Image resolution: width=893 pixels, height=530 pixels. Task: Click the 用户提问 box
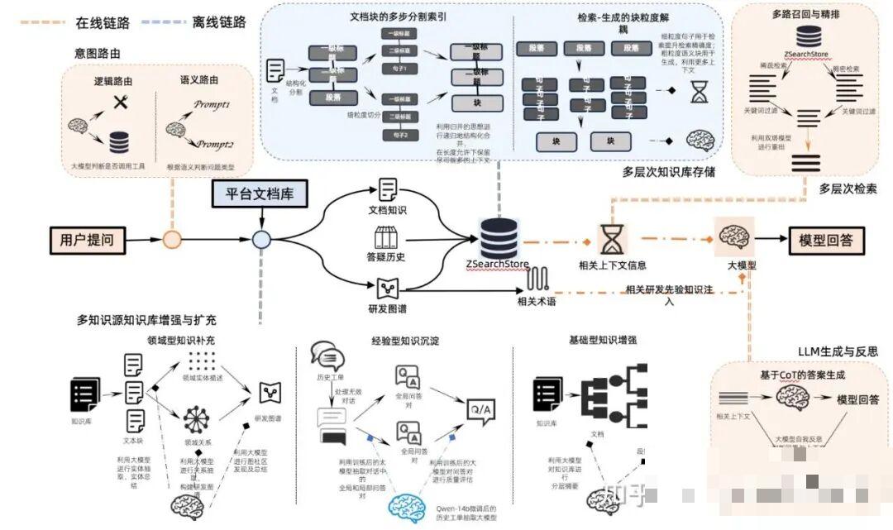point(87,240)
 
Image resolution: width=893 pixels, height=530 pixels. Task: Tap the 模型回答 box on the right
point(826,240)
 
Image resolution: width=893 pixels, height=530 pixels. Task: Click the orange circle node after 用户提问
point(172,241)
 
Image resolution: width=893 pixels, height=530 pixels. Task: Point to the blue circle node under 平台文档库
point(262,241)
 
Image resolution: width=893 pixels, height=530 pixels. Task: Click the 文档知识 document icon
point(388,189)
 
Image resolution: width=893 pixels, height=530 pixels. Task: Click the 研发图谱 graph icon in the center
point(388,289)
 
